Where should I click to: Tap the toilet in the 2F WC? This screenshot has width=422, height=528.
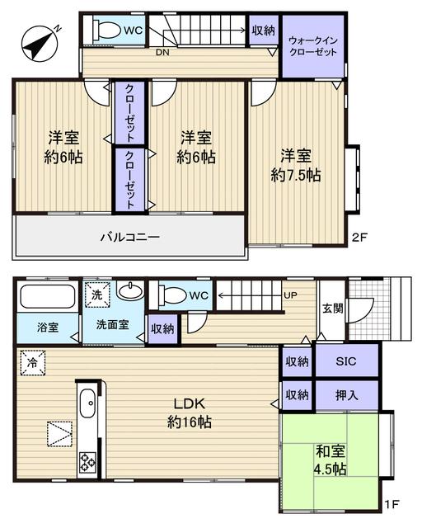tap(104, 31)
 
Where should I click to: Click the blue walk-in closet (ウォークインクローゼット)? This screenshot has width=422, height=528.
tap(313, 45)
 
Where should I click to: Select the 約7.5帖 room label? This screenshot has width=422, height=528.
tap(297, 165)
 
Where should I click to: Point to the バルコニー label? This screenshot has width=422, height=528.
tap(129, 237)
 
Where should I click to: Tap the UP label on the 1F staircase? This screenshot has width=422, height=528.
tap(291, 295)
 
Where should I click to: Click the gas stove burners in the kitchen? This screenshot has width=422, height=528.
tap(88, 461)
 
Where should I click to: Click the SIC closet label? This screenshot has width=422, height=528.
tap(346, 361)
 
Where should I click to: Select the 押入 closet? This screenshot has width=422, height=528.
tap(346, 395)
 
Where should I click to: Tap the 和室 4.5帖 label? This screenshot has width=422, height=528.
tap(331, 460)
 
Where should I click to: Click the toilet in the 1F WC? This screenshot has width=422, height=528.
tap(174, 295)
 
